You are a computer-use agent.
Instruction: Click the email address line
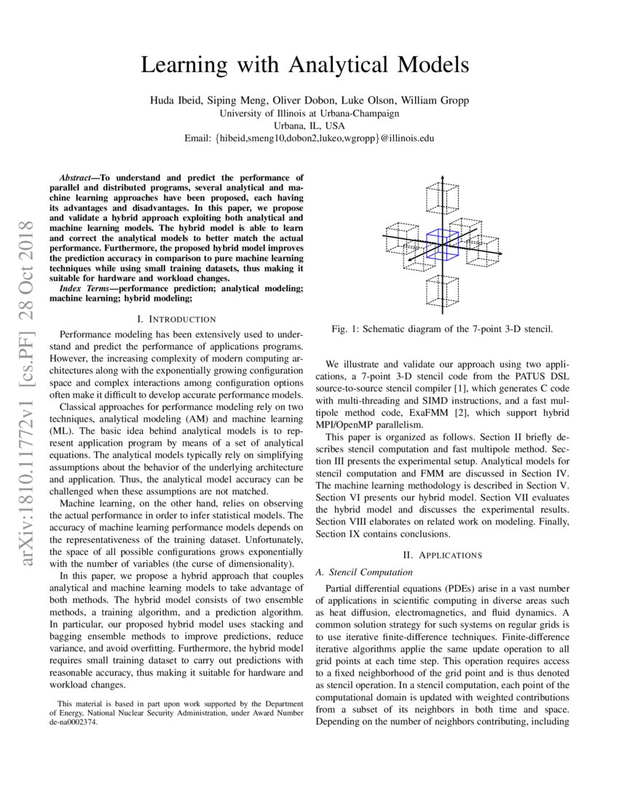(309, 138)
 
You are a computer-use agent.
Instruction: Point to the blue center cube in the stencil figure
(441, 244)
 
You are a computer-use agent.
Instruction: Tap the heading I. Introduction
(176, 319)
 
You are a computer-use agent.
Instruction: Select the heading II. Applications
(442, 555)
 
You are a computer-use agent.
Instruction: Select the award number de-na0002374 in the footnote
(73, 722)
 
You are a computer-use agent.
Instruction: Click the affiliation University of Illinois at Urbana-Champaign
(309, 113)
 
